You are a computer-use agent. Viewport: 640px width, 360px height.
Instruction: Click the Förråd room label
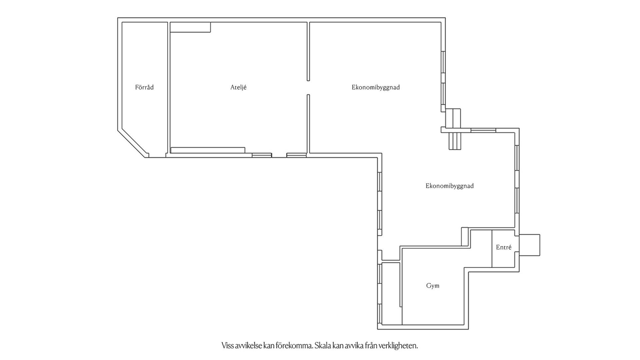144,87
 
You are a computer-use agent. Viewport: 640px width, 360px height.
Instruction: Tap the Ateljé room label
238,87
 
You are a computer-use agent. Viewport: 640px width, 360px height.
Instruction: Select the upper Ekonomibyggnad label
376,87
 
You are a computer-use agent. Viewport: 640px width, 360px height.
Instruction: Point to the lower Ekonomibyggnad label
449,186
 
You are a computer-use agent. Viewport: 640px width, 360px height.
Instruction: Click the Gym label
433,286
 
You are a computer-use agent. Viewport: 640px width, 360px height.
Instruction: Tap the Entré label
503,247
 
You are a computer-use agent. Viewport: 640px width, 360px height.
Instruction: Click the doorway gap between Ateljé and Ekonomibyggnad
308,88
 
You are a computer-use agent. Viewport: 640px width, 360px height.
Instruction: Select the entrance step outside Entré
529,245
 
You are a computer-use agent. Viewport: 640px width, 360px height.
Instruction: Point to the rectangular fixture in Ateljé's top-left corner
190,27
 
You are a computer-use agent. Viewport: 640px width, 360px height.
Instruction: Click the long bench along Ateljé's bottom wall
208,150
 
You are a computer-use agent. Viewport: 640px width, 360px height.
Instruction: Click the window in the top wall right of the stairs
483,130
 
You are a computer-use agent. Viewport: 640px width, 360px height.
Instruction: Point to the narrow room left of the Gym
392,294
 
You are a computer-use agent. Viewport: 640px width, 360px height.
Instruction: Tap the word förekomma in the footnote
295,346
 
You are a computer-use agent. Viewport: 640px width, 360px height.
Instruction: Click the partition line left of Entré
492,249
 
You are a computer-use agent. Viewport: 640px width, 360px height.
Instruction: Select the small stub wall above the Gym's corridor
465,237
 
